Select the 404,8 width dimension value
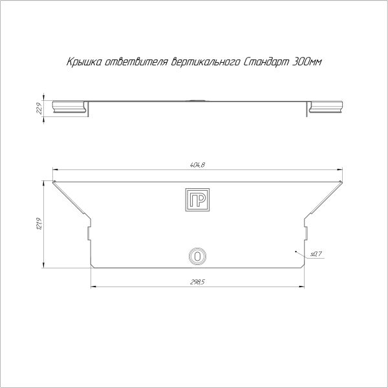coord(197,167)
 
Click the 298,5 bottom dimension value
coord(197,282)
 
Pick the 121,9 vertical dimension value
coord(38,224)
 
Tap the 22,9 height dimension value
coord(38,107)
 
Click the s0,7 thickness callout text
coord(316,254)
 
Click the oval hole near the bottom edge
coord(197,256)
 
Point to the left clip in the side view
coord(70,107)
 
